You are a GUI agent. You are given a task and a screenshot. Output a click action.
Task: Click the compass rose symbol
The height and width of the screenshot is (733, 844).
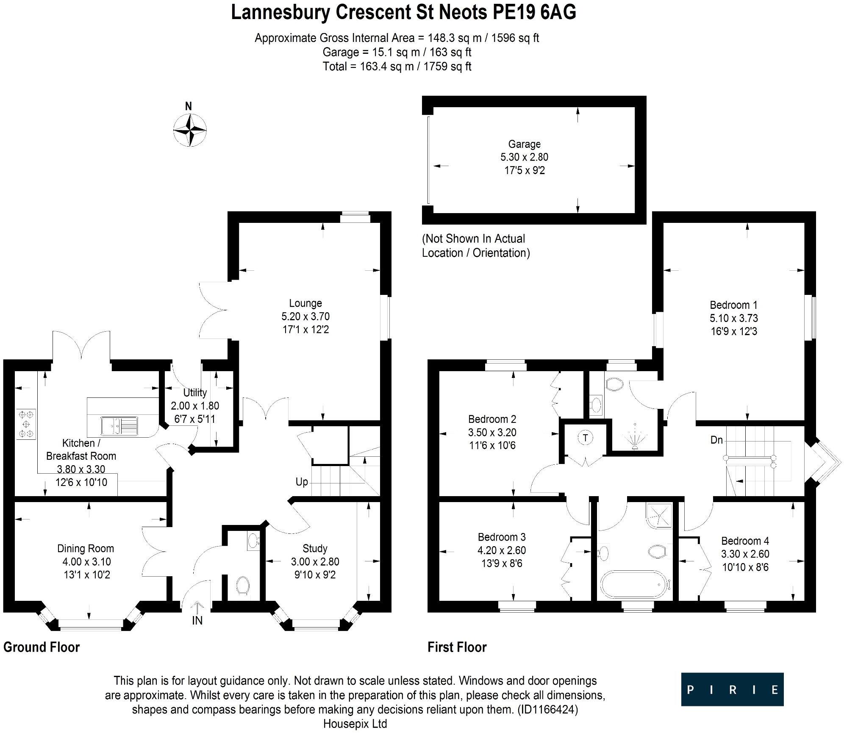(190, 130)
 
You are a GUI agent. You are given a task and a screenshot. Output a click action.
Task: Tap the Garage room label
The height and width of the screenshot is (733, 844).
(524, 144)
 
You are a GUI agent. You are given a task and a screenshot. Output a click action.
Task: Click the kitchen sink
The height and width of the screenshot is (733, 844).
(119, 425)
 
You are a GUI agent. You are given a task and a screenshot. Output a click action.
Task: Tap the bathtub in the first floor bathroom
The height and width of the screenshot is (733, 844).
(635, 585)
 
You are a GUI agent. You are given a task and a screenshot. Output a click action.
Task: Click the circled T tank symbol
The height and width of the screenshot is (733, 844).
(586, 438)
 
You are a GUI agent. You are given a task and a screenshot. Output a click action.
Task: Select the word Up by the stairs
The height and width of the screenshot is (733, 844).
(302, 482)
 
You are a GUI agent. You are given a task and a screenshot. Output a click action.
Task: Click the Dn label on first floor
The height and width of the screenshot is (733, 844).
(716, 440)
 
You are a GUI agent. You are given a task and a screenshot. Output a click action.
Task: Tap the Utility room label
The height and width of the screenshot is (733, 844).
(195, 392)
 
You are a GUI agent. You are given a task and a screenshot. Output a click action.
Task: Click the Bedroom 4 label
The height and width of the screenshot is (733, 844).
(745, 541)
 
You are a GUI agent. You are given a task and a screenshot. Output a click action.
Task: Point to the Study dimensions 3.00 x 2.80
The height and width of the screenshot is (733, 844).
(315, 562)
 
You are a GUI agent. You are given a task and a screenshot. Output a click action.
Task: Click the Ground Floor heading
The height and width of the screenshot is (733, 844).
(42, 647)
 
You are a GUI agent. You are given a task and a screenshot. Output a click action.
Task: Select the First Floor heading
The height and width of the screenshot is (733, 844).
(457, 647)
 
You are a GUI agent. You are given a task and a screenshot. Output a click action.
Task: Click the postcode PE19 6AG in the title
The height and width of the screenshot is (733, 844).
(534, 13)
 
